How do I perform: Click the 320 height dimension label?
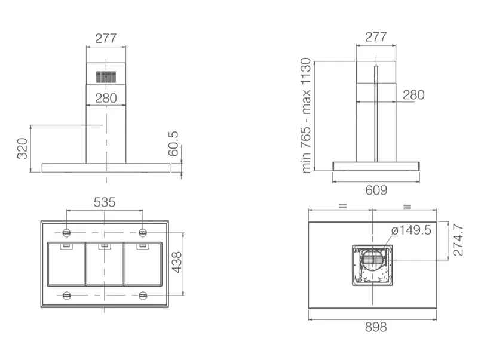coord(22,148)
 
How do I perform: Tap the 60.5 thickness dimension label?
coord(173,144)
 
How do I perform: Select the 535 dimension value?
coord(105,202)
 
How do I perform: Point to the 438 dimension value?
coord(176,262)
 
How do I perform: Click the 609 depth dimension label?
coord(376,190)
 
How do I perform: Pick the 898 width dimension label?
coord(376,327)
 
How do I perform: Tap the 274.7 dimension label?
coord(458,241)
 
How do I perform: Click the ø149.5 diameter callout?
coord(411,230)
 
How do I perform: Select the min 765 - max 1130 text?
coord(306,116)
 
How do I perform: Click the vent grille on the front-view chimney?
coord(106,77)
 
